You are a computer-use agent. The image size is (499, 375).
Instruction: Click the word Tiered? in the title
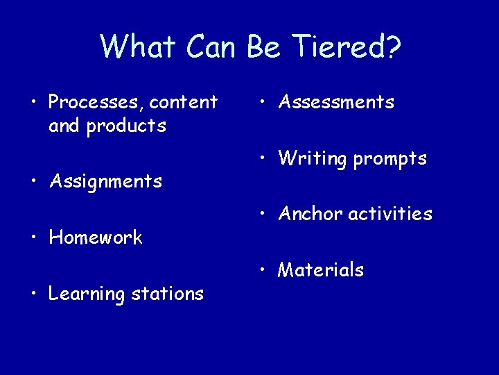point(346,47)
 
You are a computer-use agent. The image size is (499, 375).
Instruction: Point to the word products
point(127,126)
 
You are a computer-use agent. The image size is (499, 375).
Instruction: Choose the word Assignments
point(105,182)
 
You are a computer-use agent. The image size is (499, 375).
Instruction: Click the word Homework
point(96,238)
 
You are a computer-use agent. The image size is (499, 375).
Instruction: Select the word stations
point(168,294)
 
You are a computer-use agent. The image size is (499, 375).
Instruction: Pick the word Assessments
point(336,103)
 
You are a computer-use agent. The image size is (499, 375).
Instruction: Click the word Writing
point(313,159)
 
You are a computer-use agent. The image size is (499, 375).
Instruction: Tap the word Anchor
point(310,214)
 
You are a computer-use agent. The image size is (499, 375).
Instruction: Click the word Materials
point(321,270)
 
